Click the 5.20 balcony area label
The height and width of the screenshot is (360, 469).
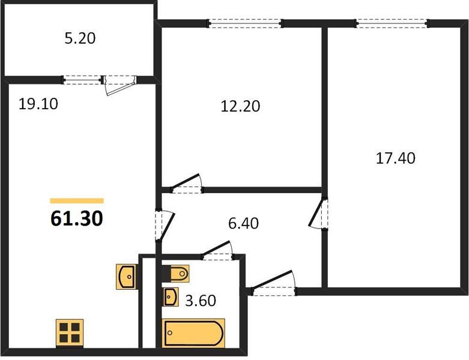[79, 39]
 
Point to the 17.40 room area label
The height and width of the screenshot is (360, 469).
[395, 158]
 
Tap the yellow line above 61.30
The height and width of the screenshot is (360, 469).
[76, 200]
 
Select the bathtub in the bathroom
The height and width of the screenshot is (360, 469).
[194, 333]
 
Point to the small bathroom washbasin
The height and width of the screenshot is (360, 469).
[170, 296]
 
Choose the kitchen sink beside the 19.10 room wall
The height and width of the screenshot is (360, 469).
[127, 277]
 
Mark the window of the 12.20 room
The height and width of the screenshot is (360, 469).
[245, 23]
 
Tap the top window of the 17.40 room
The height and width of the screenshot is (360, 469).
[392, 23]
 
